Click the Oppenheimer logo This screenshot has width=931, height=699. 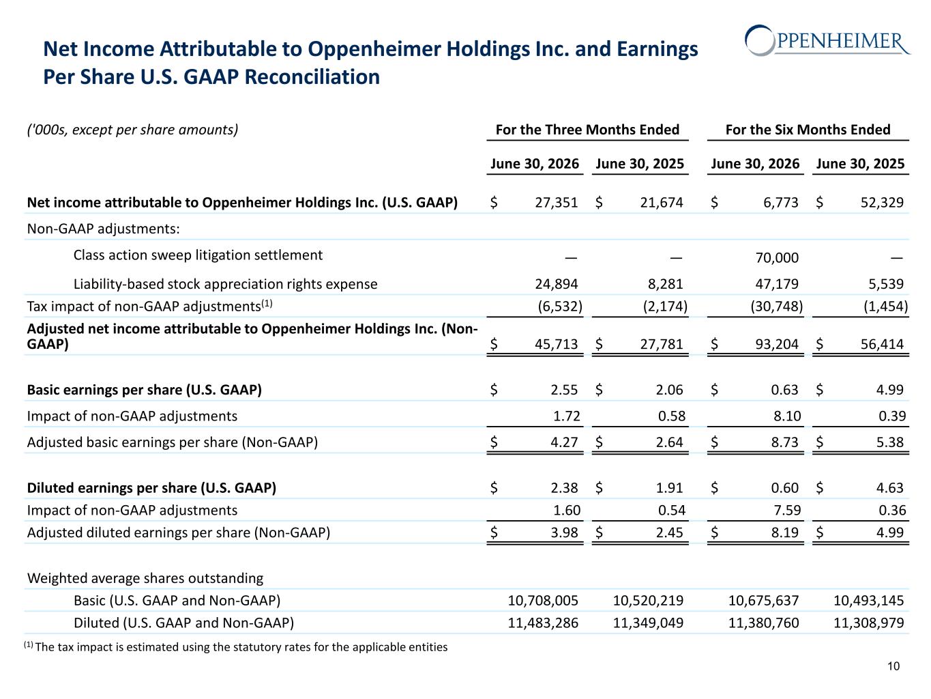coord(827,41)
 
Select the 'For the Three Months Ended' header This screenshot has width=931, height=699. coord(587,130)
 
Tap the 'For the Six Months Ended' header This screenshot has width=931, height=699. coord(808,130)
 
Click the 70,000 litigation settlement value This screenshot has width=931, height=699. coord(777,257)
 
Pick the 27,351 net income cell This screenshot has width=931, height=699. coord(556,203)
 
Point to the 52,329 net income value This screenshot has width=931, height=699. coord(882,203)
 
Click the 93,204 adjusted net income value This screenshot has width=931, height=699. coord(777,344)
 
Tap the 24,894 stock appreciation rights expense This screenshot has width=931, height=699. coord(556,283)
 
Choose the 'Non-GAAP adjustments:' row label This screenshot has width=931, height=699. coord(104,229)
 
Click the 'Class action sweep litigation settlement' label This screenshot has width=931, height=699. coord(198,255)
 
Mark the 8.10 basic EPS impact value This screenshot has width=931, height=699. coord(787,416)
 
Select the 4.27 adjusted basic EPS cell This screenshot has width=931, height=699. coord(564,442)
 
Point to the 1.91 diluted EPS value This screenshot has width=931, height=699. coord(669,487)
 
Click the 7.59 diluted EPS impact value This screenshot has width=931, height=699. coord(787,510)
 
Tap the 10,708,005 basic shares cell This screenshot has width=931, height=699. coord(543,601)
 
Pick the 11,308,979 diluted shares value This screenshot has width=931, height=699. coord(869,623)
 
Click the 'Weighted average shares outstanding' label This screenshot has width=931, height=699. coord(145,578)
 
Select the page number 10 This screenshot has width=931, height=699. coord(893,666)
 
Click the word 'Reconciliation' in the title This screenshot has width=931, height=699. coord(312,77)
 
